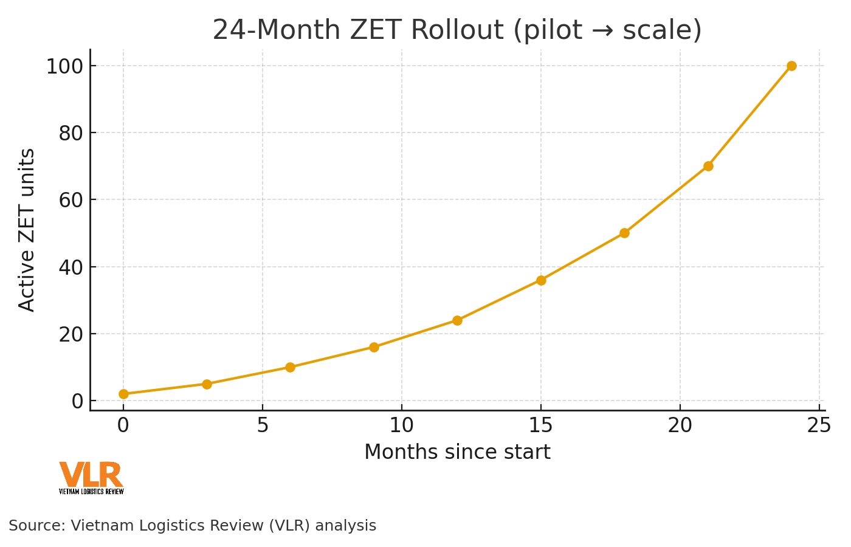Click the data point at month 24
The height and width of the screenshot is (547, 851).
click(x=791, y=66)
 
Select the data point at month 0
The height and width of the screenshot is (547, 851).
click(x=123, y=394)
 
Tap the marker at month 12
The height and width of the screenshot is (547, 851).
click(x=457, y=320)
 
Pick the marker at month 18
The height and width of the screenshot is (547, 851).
click(x=624, y=233)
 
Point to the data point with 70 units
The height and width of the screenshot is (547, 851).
click(x=708, y=166)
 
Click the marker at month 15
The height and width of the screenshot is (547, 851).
click(x=541, y=280)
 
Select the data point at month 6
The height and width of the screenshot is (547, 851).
click(x=290, y=367)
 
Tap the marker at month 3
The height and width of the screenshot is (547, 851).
click(x=207, y=384)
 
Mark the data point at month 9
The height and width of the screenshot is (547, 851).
click(x=374, y=347)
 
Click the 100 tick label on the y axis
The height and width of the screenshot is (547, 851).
click(x=64, y=66)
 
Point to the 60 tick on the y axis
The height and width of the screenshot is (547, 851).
click(x=71, y=200)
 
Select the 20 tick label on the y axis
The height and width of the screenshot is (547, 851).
click(x=71, y=334)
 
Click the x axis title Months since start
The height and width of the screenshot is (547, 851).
click(x=457, y=453)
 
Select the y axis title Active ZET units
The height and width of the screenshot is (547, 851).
click(x=27, y=230)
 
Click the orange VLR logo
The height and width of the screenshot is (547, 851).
click(x=91, y=477)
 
